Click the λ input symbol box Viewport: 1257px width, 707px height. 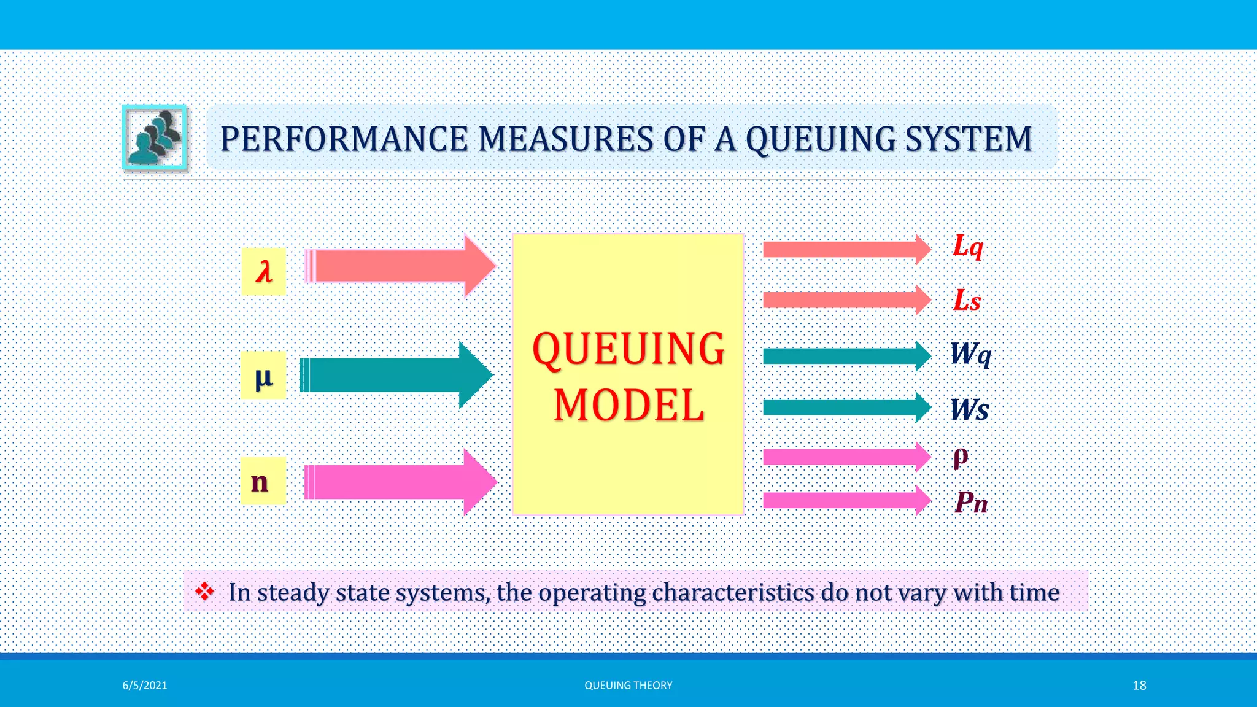coord(263,271)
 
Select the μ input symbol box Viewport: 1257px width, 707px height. coord(263,376)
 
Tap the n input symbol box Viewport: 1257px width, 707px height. coord(263,481)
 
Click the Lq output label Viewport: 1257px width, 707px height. coord(968,247)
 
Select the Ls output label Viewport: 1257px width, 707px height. coord(967,301)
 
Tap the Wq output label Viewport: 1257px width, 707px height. coord(970,354)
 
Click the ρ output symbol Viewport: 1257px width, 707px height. coord(961,457)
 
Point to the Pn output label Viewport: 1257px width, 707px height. coord(971,503)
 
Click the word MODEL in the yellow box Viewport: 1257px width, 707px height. coord(628,406)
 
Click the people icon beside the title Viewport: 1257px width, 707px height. coord(155,137)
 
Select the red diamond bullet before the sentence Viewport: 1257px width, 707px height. coord(204,592)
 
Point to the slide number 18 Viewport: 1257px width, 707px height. coord(1139,686)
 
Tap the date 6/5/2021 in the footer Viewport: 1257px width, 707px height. coord(145,686)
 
